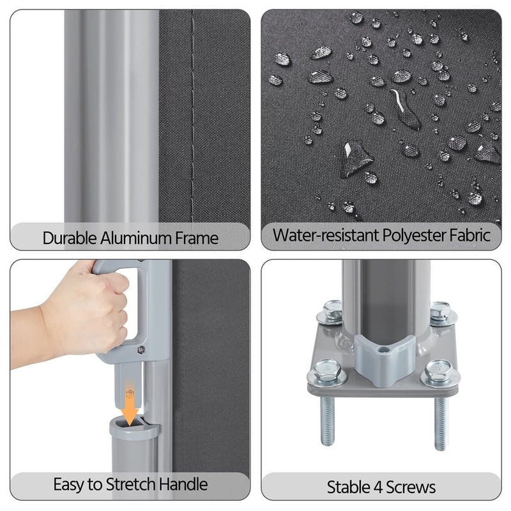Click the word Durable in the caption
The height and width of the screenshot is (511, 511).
pyautogui.click(x=70, y=238)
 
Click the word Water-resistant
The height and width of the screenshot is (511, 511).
pyautogui.click(x=326, y=235)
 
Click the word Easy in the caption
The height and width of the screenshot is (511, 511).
pyautogui.click(x=68, y=485)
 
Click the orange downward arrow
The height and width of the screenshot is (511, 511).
pyautogui.click(x=130, y=402)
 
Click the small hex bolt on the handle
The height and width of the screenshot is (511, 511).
pyautogui.click(x=141, y=350)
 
